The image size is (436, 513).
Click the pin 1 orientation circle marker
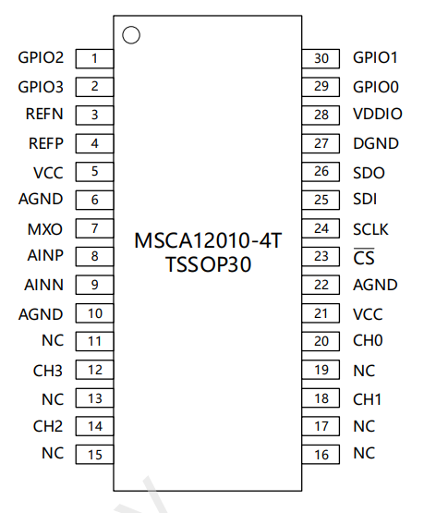(x=131, y=35)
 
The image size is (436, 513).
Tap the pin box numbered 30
(x=321, y=58)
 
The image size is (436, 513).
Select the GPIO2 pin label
(x=41, y=57)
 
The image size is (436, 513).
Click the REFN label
(x=44, y=114)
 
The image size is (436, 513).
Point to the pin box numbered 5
(x=94, y=172)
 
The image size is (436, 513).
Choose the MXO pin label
(x=45, y=229)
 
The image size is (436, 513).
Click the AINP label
(x=45, y=255)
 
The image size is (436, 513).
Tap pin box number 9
(x=94, y=285)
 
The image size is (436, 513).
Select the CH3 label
(x=48, y=371)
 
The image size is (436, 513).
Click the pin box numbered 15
(x=94, y=455)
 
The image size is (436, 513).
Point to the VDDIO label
(x=378, y=114)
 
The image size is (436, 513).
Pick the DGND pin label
(x=376, y=143)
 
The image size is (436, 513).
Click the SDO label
(x=369, y=173)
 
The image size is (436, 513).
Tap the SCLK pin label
(x=370, y=229)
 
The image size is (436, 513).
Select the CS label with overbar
(x=364, y=257)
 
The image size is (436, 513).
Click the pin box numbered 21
(x=321, y=313)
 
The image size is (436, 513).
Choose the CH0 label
(x=368, y=340)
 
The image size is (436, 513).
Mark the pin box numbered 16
(x=321, y=455)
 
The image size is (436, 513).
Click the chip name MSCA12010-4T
(x=208, y=240)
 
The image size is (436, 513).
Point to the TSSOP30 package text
(x=208, y=264)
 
